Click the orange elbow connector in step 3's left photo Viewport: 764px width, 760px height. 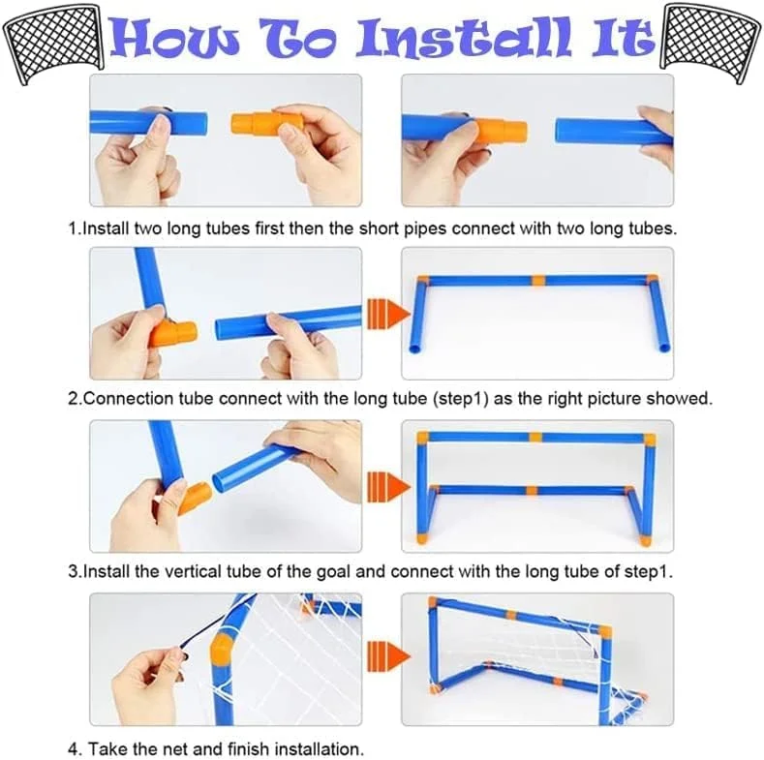pyautogui.click(x=195, y=497)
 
